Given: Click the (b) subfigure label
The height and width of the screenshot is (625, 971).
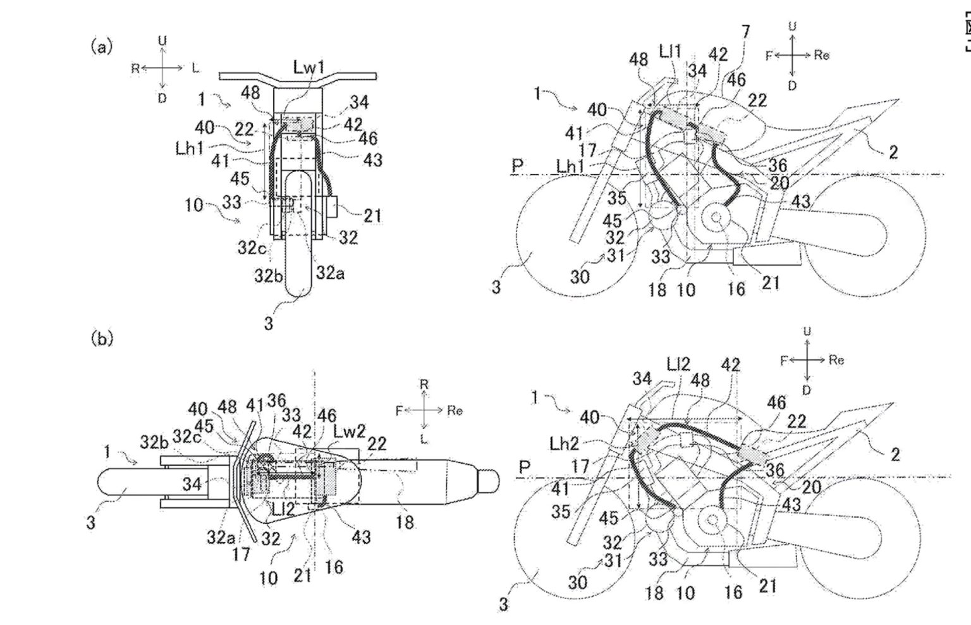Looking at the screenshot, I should pyautogui.click(x=102, y=339).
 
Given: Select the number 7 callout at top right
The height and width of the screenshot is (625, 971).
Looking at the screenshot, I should pyautogui.click(x=746, y=32).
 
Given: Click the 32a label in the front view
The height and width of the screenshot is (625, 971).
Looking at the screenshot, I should pyautogui.click(x=329, y=273).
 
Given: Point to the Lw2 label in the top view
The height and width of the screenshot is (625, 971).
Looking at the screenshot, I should pyautogui.click(x=350, y=431).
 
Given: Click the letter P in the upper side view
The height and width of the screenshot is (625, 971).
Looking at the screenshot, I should pyautogui.click(x=517, y=166).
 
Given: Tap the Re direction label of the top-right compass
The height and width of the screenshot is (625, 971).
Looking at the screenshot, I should pyautogui.click(x=821, y=55).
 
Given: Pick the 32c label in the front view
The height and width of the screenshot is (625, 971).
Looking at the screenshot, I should pyautogui.click(x=251, y=248).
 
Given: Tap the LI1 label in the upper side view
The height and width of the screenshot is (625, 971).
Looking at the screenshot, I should pyautogui.click(x=669, y=53).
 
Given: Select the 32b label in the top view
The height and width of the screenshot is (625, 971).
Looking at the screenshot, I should pyautogui.click(x=155, y=442).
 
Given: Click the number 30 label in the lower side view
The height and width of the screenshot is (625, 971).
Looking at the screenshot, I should pyautogui.click(x=578, y=582).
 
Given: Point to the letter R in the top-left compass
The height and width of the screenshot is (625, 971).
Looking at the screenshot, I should pyautogui.click(x=135, y=68).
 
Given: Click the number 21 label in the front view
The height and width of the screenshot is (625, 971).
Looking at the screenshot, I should pyautogui.click(x=372, y=216).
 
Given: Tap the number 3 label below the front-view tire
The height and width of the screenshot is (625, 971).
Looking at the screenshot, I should pyautogui.click(x=269, y=323).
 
